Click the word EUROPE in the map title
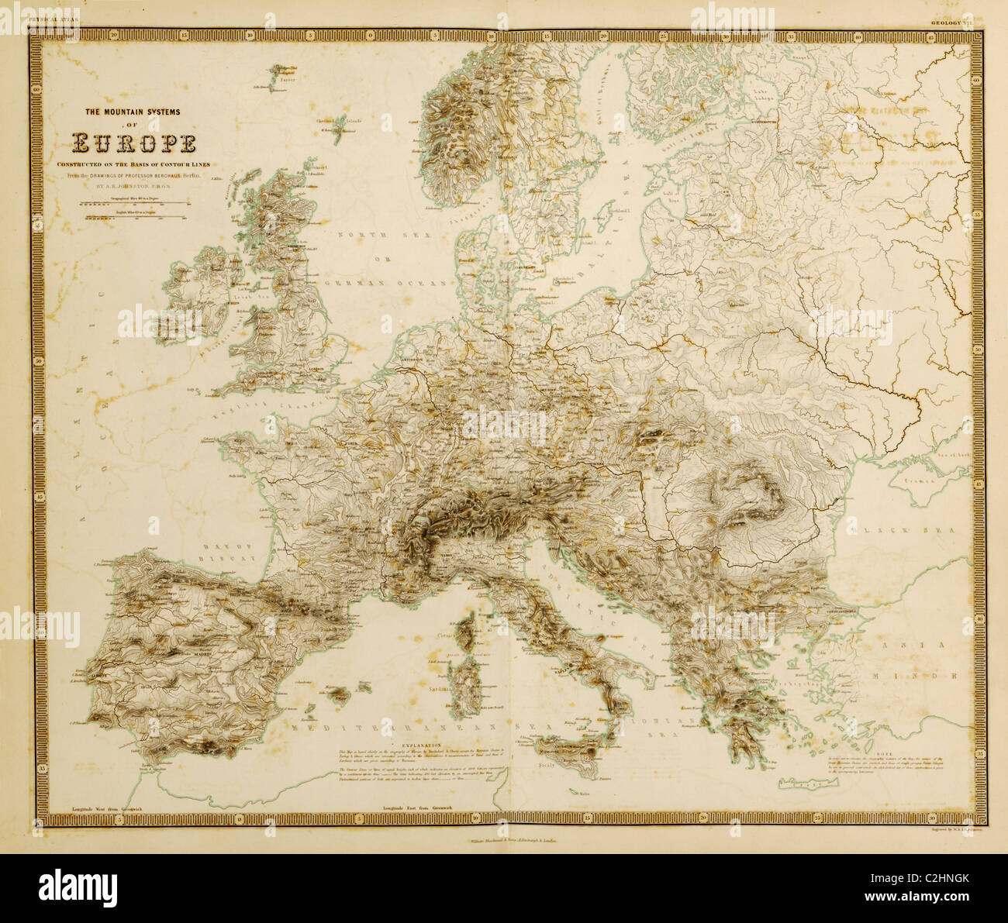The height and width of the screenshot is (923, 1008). [x=133, y=144]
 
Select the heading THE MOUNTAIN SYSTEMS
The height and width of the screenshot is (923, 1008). [x=133, y=112]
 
